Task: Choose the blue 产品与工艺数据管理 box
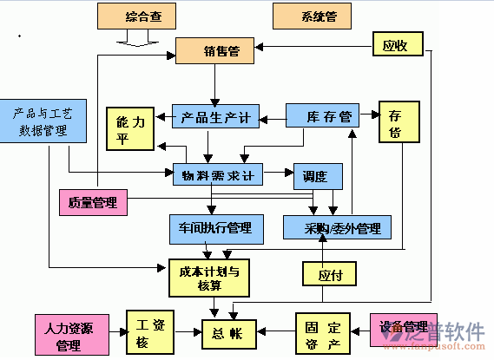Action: (43, 119)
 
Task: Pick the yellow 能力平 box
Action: (129, 130)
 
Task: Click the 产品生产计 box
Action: (216, 115)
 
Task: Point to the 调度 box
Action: (318, 176)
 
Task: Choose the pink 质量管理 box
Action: (93, 203)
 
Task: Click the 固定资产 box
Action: (323, 332)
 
